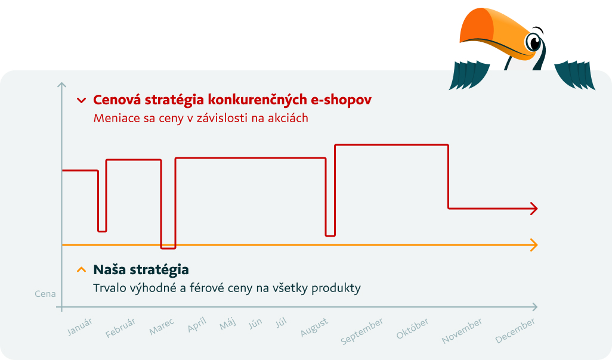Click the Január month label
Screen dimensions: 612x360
tap(79, 327)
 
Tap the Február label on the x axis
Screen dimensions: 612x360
tap(120, 328)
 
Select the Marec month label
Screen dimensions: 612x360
tap(162, 327)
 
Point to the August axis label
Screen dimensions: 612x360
tap(314, 327)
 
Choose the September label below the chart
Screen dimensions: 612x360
tap(362, 331)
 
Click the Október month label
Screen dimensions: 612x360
tap(413, 328)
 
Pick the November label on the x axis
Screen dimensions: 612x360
tap(462, 331)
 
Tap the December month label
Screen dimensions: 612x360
tap(515, 331)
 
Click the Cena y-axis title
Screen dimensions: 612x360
tap(45, 294)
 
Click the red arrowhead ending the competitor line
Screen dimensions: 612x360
tap(534, 209)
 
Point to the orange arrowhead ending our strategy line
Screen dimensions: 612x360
tap(534, 245)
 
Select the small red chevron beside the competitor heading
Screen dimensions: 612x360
tap(81, 101)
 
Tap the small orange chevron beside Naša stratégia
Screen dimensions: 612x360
tap(81, 269)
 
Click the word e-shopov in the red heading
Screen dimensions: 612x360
tap(341, 100)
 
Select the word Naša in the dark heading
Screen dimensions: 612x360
tap(109, 269)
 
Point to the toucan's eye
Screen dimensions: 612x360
tap(533, 42)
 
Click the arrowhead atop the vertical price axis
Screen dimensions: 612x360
tap(61, 85)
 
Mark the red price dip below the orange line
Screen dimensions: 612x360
tap(168, 247)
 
